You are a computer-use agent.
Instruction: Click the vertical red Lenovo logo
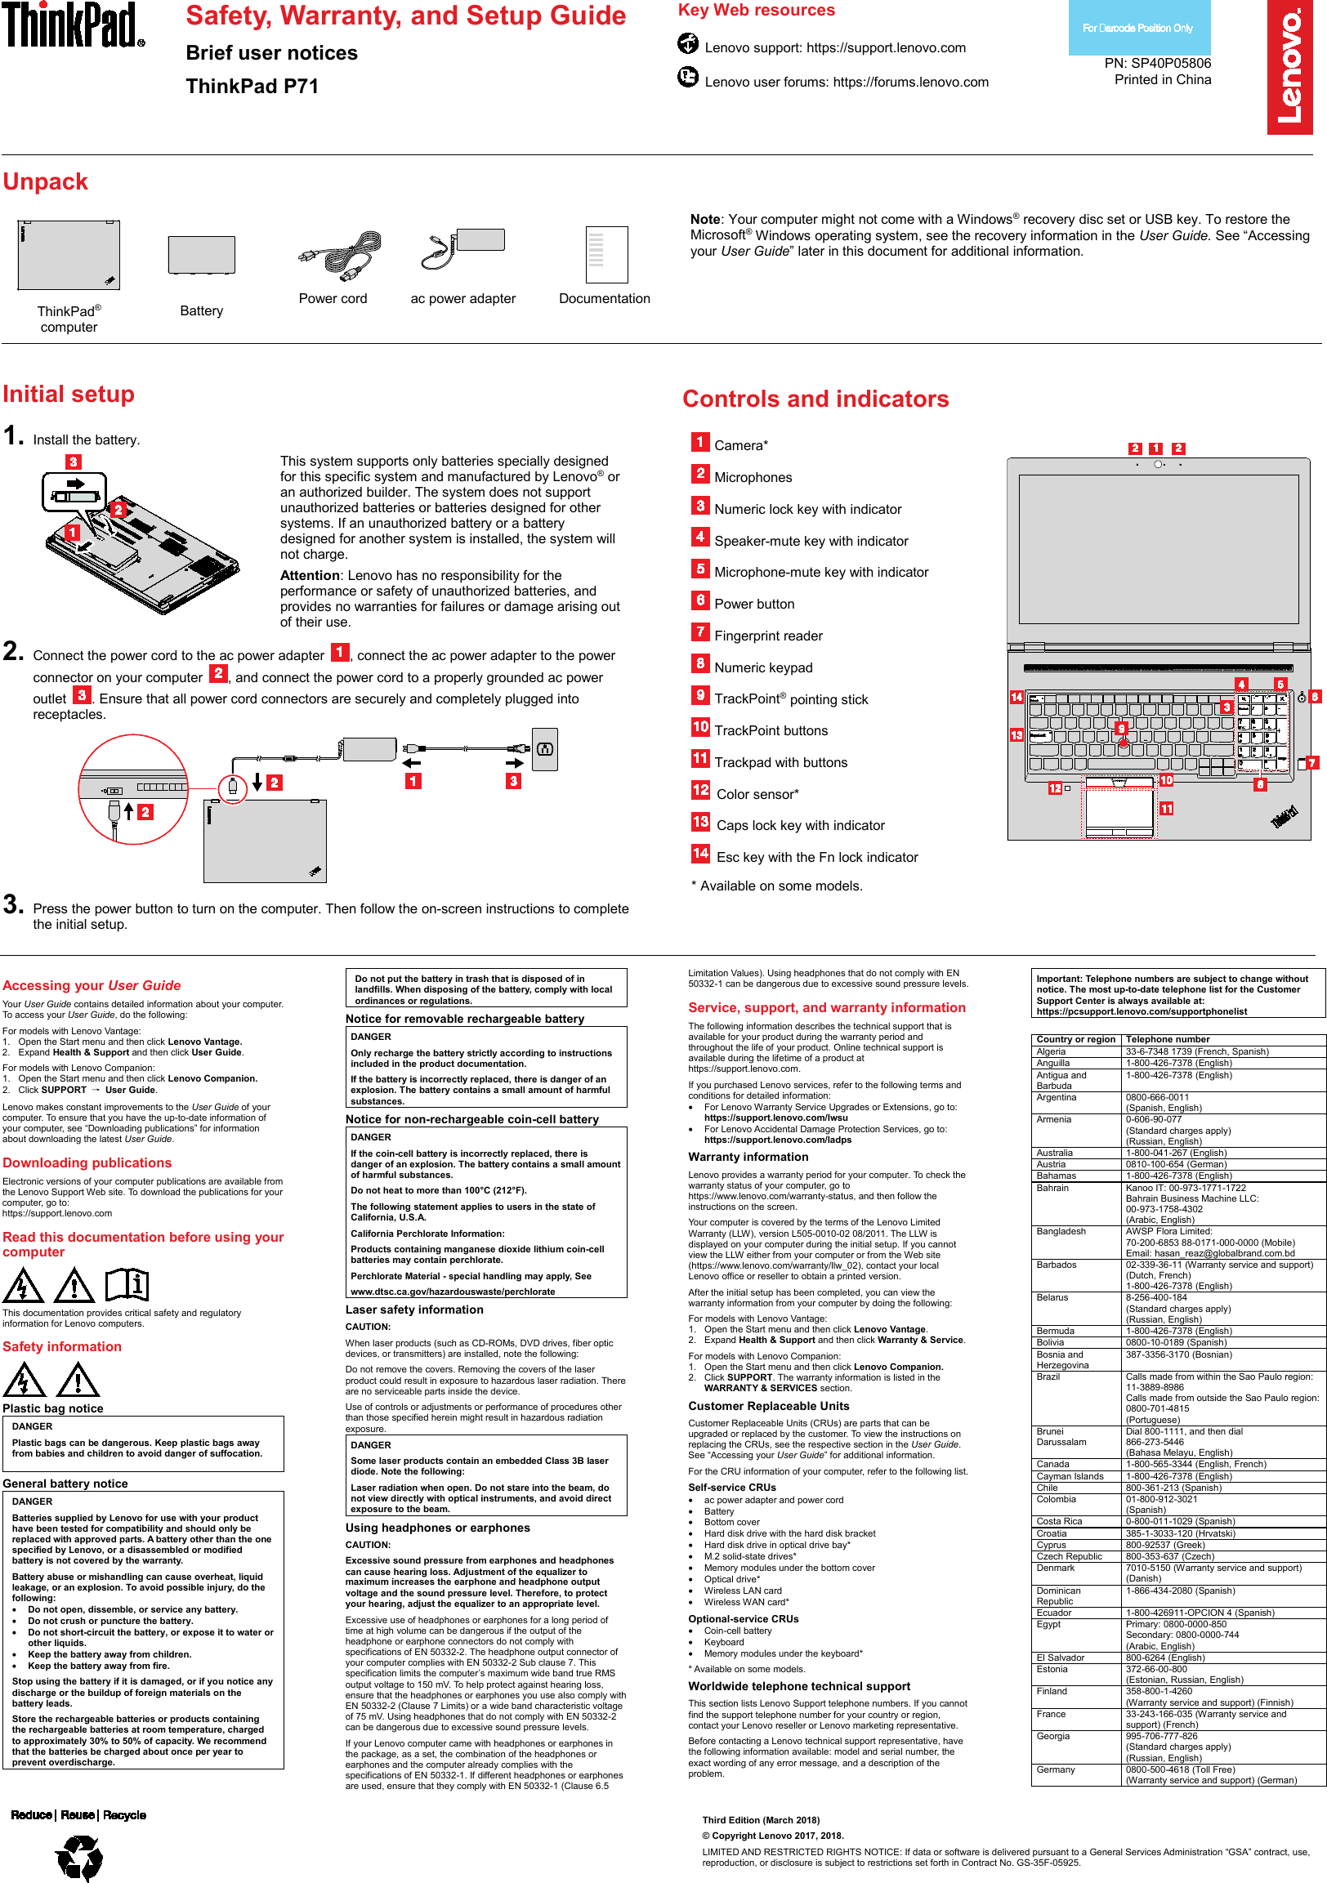(x=1289, y=67)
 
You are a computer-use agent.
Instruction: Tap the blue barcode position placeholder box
(x=1138, y=28)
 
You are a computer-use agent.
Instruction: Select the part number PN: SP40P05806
(x=1157, y=63)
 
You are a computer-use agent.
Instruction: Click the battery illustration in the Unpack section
(x=201, y=255)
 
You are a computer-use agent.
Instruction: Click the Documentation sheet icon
(x=606, y=254)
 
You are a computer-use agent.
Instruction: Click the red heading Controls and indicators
(x=815, y=399)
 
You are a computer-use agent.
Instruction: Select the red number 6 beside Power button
(x=699, y=600)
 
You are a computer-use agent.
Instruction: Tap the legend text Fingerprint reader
(x=767, y=636)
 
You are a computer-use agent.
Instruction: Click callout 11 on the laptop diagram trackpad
(x=1166, y=809)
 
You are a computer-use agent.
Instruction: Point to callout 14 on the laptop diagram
(x=1016, y=697)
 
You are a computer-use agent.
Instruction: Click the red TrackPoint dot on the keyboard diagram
(x=1123, y=743)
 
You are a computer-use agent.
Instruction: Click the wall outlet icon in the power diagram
(x=544, y=749)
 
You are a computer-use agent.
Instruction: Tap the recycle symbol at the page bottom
(x=79, y=1857)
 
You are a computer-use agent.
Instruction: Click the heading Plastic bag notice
(x=53, y=1408)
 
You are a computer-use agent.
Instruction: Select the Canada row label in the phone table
(x=1052, y=1464)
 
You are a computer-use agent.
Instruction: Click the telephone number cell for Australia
(x=1176, y=1153)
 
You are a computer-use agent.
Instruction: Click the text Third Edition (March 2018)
(x=760, y=1820)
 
